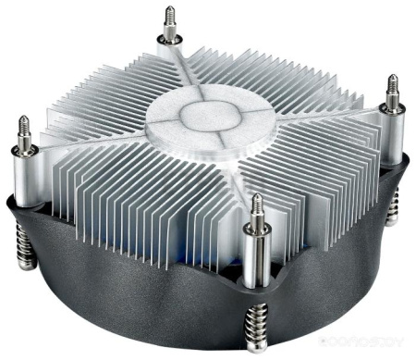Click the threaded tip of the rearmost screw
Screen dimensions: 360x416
point(170,16)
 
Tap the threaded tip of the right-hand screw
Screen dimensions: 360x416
point(392,85)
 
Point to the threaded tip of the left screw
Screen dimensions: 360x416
point(23,126)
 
